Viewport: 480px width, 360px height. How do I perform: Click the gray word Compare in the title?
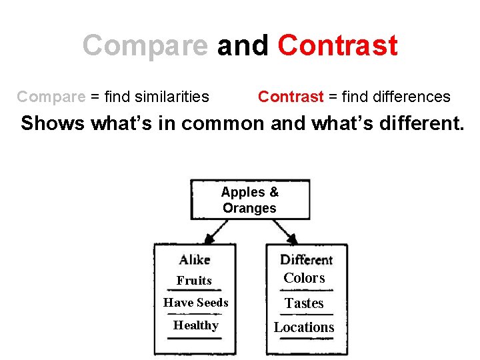(145, 46)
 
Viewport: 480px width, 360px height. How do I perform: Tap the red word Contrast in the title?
(337, 46)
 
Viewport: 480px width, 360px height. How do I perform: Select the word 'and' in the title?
(243, 46)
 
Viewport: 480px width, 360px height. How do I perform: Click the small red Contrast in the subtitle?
(291, 97)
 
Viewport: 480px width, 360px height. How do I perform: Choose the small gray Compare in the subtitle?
(51, 97)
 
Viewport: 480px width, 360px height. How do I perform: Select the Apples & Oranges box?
(250, 200)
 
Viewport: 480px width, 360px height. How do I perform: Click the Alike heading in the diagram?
(194, 259)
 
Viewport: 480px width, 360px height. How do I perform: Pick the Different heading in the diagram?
(306, 259)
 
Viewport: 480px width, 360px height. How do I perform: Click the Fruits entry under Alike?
(194, 281)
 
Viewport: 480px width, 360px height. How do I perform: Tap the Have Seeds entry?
(196, 303)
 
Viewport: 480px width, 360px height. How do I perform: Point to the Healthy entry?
(196, 325)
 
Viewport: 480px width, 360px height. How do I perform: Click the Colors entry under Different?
(304, 278)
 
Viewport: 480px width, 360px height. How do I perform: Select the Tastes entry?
(304, 303)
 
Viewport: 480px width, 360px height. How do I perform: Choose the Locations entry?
(304, 327)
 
